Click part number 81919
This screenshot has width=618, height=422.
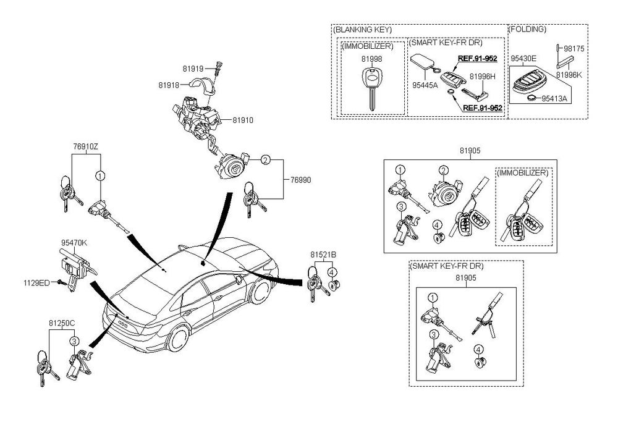click(x=193, y=69)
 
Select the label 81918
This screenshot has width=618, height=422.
click(x=169, y=85)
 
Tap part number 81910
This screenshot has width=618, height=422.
click(x=243, y=120)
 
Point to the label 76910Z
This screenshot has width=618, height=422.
click(x=85, y=147)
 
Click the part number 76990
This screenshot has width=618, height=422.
click(x=301, y=180)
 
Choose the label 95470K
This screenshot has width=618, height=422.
click(x=74, y=243)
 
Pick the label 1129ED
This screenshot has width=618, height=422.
click(x=36, y=283)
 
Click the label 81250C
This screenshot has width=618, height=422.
click(x=62, y=323)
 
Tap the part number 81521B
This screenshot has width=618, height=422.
click(x=323, y=255)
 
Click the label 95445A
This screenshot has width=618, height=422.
click(x=425, y=85)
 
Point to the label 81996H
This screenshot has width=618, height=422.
click(x=483, y=77)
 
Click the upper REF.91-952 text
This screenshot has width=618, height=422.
click(x=477, y=59)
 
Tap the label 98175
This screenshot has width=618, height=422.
click(x=574, y=49)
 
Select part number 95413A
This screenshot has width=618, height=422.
click(x=554, y=98)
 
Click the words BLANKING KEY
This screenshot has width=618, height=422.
click(x=362, y=30)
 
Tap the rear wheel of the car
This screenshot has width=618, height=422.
click(x=178, y=339)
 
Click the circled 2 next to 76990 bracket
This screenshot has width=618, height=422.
click(x=266, y=160)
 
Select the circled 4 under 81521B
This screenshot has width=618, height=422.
click(x=332, y=272)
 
